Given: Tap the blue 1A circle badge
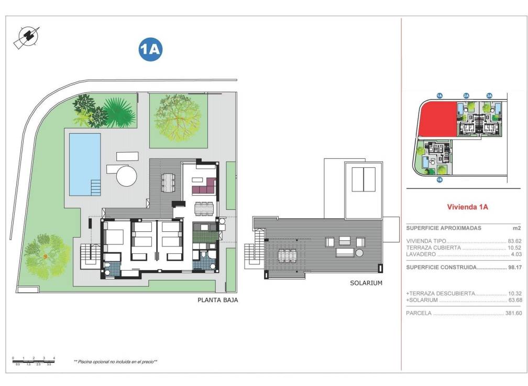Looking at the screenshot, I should (x=150, y=50).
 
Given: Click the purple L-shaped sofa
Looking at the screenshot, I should (x=204, y=186).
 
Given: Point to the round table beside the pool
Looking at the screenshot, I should (x=126, y=176).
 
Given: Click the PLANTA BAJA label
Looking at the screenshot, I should (x=215, y=301).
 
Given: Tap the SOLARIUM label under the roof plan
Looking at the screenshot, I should (x=366, y=283).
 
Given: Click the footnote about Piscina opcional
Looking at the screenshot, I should (x=115, y=362).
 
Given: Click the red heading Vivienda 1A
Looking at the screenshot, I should (x=467, y=207).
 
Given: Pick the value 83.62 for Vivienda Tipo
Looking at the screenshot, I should (x=514, y=241).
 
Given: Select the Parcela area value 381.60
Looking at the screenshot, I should (x=513, y=313).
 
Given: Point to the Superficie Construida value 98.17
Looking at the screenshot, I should (x=514, y=267).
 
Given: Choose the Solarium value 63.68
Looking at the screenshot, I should (x=514, y=301).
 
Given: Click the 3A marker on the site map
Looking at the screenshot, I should (x=489, y=95).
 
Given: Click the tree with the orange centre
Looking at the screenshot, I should (x=46, y=255).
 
